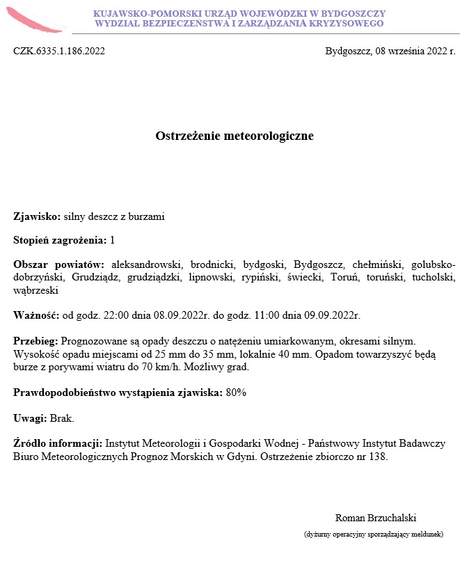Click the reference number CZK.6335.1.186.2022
(x=59, y=51)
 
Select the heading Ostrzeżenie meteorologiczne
(x=234, y=136)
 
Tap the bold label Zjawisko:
(x=37, y=216)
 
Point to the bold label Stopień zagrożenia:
(x=60, y=240)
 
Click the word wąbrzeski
(x=35, y=290)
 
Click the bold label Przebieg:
(x=36, y=341)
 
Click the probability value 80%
(x=236, y=392)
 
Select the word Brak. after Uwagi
(x=62, y=418)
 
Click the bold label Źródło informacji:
(x=58, y=443)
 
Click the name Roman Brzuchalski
(x=375, y=518)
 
